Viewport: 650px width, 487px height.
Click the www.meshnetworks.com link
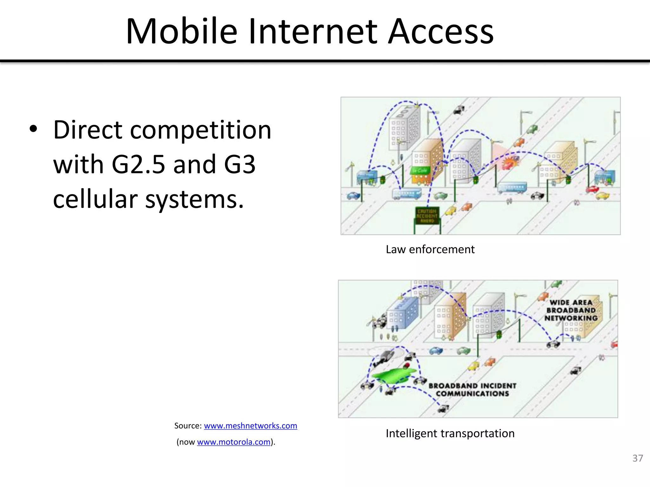(x=250, y=425)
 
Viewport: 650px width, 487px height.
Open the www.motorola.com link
(x=234, y=442)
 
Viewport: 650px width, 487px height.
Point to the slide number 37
(x=637, y=458)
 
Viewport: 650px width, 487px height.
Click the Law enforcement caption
(x=430, y=250)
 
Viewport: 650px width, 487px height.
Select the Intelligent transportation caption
(x=450, y=433)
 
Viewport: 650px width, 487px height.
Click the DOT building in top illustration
(x=405, y=127)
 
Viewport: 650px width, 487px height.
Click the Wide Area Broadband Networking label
(x=571, y=310)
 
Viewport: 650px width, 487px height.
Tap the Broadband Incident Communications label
(x=472, y=390)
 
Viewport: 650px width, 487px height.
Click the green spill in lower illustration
(x=392, y=376)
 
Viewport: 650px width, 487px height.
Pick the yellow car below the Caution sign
(x=450, y=210)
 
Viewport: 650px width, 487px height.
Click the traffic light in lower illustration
(x=499, y=334)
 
